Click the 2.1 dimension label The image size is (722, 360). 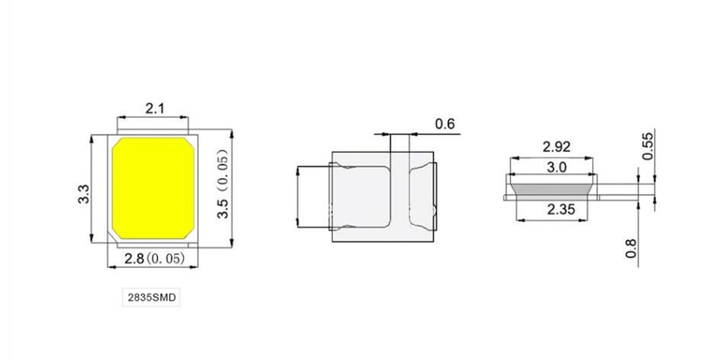coord(155,108)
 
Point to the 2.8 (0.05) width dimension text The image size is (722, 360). coord(154,258)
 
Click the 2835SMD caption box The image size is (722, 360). coord(151,297)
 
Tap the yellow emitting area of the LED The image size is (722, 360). coord(153,188)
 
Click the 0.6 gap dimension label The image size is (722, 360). coord(445,124)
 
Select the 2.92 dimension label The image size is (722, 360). coord(556,147)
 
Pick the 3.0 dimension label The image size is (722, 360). coord(556,167)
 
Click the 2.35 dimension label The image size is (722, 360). coord(561,209)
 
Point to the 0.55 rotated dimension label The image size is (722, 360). coord(647,146)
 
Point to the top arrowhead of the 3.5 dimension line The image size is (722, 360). coord(231,134)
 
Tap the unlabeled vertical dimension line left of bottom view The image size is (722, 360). coord(298,197)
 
